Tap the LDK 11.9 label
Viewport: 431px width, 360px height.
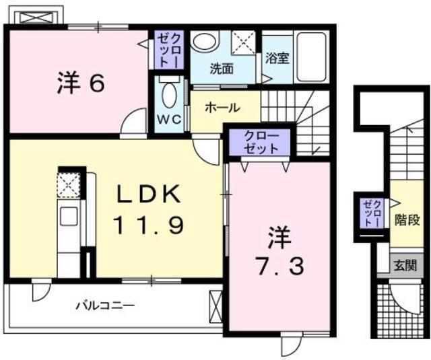tap(150, 210)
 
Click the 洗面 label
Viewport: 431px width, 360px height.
tap(221, 68)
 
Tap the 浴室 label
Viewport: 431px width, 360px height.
tap(277, 58)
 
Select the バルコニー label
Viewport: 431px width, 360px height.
tap(104, 305)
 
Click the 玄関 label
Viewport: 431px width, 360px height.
tap(405, 264)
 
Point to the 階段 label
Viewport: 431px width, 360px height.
tap(404, 219)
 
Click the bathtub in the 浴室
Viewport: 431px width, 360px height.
tap(310, 55)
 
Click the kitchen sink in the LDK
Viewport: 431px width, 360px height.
tap(69, 217)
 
